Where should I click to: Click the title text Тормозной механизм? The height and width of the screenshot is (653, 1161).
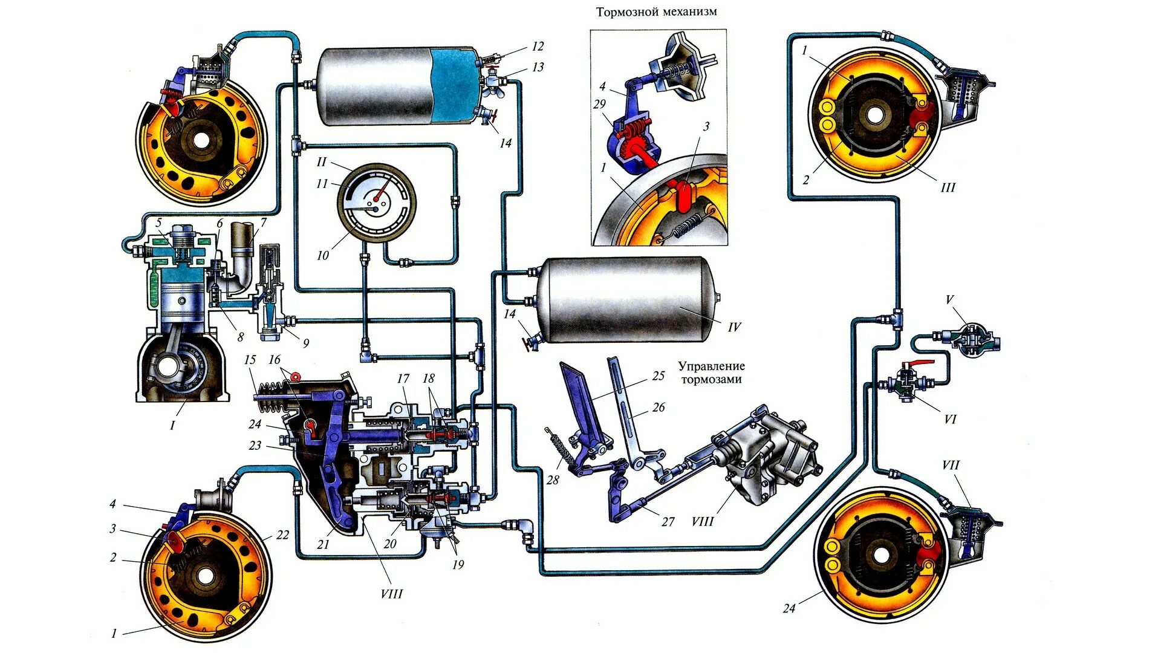pyautogui.click(x=656, y=12)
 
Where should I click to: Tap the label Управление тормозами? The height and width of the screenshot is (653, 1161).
pyautogui.click(x=711, y=372)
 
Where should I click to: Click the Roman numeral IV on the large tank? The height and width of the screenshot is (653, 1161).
pyautogui.click(x=734, y=327)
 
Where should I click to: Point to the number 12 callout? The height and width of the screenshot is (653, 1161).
pyautogui.click(x=538, y=47)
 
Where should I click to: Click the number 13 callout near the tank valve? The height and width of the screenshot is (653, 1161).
pyautogui.click(x=538, y=67)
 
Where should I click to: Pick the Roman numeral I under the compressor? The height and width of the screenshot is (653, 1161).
pyautogui.click(x=172, y=425)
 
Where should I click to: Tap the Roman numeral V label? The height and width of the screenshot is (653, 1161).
pyautogui.click(x=949, y=299)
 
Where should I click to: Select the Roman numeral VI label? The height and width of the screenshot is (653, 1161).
pyautogui.click(x=950, y=419)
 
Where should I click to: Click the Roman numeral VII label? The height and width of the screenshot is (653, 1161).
pyautogui.click(x=950, y=465)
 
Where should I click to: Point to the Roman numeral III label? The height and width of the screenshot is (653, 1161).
pyautogui.click(x=948, y=187)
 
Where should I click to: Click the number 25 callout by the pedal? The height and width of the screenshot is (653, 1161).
pyautogui.click(x=659, y=375)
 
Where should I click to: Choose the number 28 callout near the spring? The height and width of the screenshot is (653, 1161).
pyautogui.click(x=553, y=480)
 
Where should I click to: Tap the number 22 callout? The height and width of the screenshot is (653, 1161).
pyautogui.click(x=282, y=534)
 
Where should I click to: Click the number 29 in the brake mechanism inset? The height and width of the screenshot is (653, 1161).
pyautogui.click(x=599, y=104)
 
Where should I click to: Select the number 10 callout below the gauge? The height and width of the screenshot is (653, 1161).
pyautogui.click(x=323, y=255)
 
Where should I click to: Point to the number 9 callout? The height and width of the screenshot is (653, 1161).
pyautogui.click(x=305, y=343)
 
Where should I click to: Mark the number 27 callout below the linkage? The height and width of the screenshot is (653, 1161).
pyautogui.click(x=668, y=521)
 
